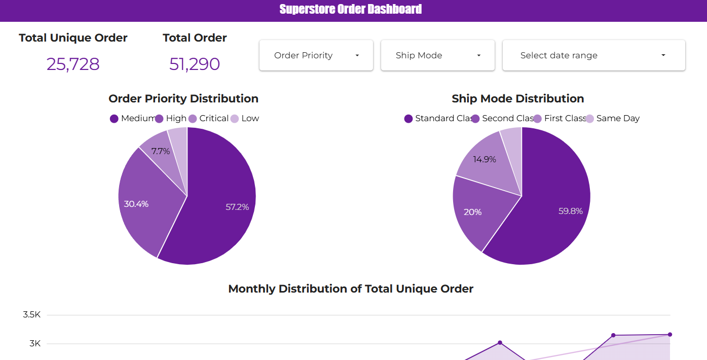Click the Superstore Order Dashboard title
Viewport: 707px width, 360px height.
pyautogui.click(x=350, y=9)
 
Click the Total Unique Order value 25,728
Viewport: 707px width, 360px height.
pyautogui.click(x=73, y=64)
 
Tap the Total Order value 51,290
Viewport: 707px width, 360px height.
pyautogui.click(x=195, y=64)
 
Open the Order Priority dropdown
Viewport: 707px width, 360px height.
pyautogui.click(x=316, y=55)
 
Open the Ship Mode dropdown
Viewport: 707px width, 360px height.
pyautogui.click(x=437, y=55)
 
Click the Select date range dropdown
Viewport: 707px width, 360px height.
pyautogui.click(x=593, y=55)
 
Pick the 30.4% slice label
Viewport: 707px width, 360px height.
pyautogui.click(x=136, y=204)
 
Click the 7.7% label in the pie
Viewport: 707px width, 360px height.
pyautogui.click(x=161, y=151)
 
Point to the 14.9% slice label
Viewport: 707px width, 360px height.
pyautogui.click(x=485, y=159)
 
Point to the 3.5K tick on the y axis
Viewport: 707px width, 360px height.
pyautogui.click(x=31, y=315)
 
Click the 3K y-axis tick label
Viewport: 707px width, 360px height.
pyautogui.click(x=34, y=344)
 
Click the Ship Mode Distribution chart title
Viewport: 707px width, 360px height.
pyautogui.click(x=517, y=98)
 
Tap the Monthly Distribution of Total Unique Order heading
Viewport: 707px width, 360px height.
pyautogui.click(x=351, y=289)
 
